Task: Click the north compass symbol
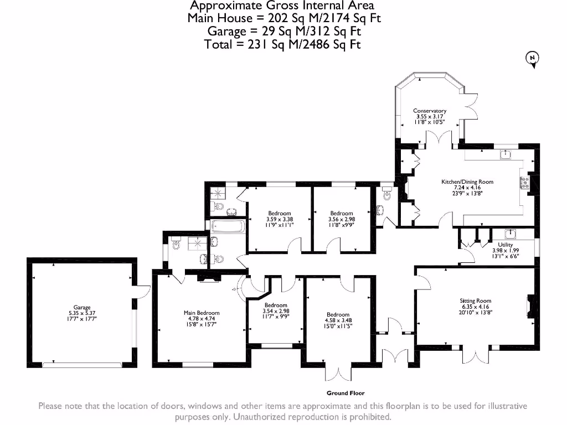click(532, 59)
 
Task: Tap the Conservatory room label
click(430, 117)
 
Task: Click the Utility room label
click(505, 250)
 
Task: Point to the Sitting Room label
click(475, 307)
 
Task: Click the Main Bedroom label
click(201, 319)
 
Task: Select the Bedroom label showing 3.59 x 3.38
click(280, 219)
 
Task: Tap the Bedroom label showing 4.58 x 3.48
click(338, 320)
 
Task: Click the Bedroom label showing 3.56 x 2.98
click(342, 219)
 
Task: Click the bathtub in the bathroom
click(228, 226)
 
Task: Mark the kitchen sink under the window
click(505, 155)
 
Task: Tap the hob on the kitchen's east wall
click(524, 183)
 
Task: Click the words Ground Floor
click(345, 393)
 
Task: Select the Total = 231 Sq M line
click(282, 45)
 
